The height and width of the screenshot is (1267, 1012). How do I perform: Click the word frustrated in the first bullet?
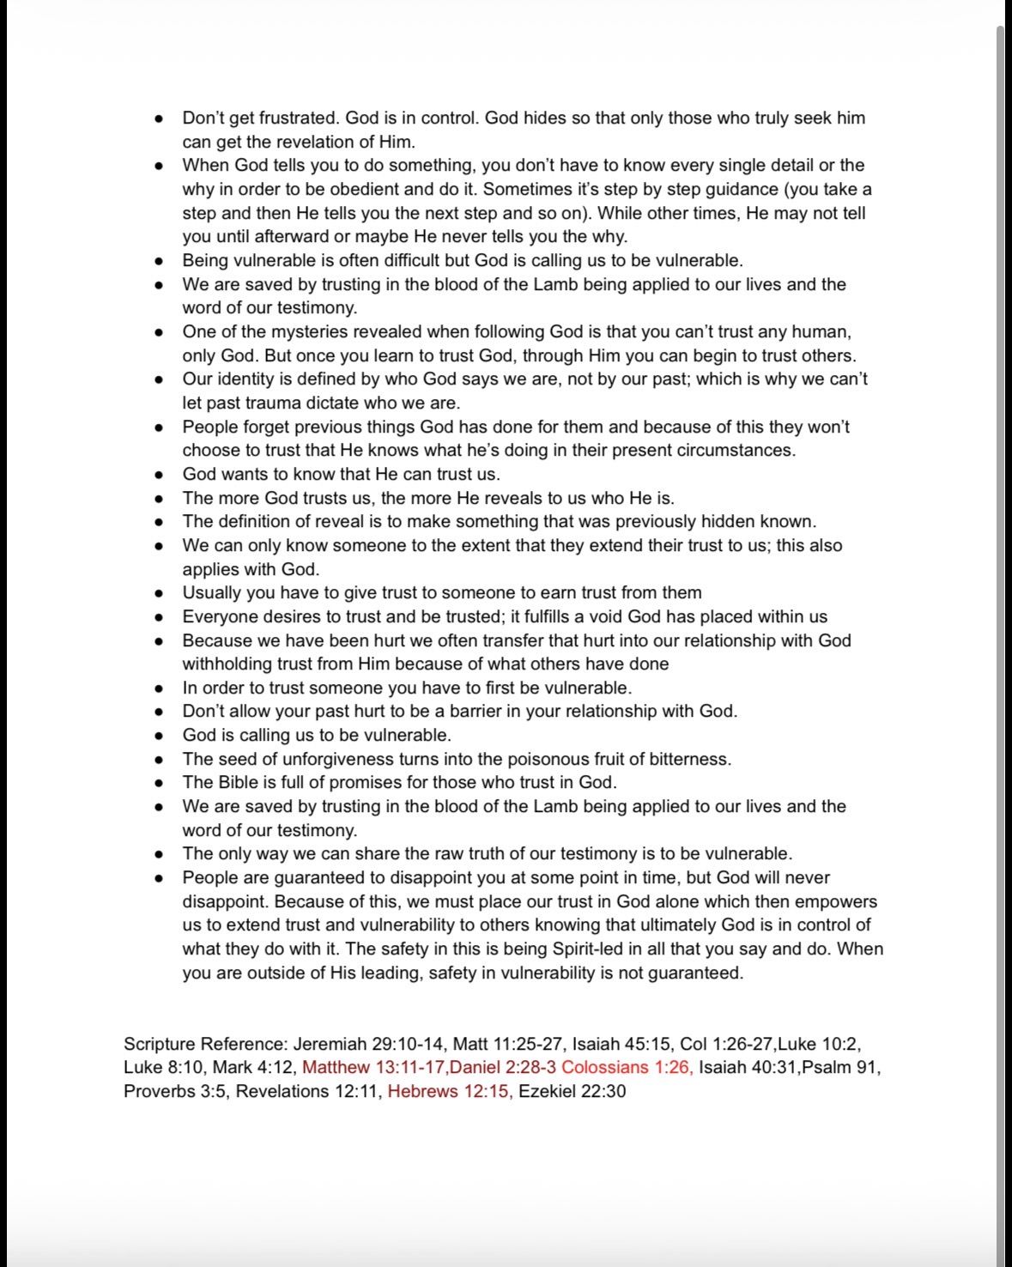tap(296, 118)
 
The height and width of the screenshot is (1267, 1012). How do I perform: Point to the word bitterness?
tap(682, 760)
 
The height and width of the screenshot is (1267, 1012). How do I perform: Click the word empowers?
tap(835, 902)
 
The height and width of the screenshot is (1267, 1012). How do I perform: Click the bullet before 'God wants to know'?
tap(159, 475)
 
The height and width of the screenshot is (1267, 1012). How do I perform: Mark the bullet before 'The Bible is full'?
tap(159, 783)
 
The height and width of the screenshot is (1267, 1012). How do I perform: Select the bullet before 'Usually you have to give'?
tap(159, 593)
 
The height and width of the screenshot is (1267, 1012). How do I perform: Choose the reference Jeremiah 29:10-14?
tap(369, 1045)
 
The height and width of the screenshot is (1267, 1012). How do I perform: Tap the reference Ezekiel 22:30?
tap(573, 1092)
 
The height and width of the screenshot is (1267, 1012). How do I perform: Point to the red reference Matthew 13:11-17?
tap(373, 1068)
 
